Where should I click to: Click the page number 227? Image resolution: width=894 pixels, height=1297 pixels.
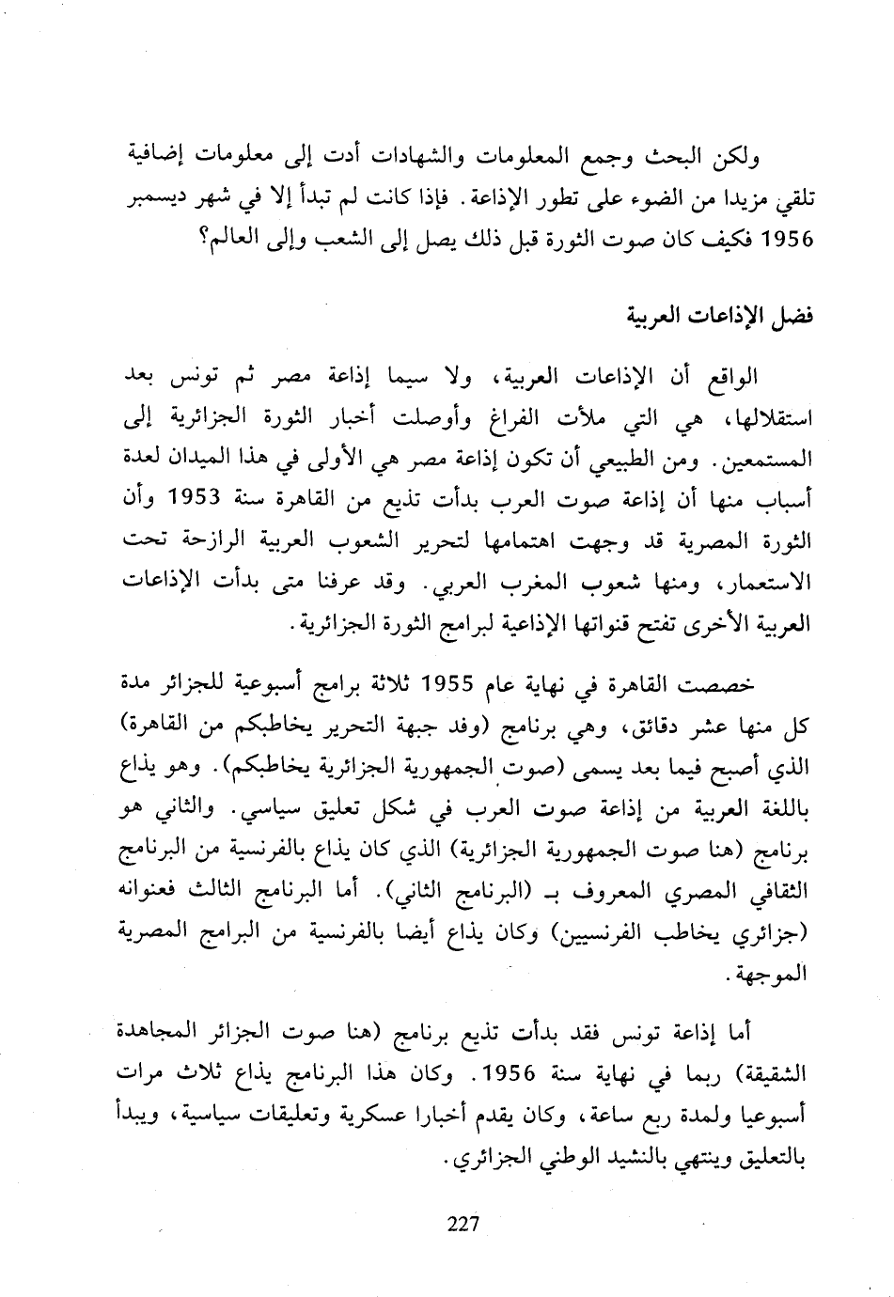(463, 1223)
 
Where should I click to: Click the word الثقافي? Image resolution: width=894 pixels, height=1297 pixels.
(777, 891)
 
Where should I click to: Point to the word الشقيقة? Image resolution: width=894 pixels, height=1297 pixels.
(770, 1073)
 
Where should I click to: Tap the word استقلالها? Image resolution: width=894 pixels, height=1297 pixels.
(767, 419)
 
